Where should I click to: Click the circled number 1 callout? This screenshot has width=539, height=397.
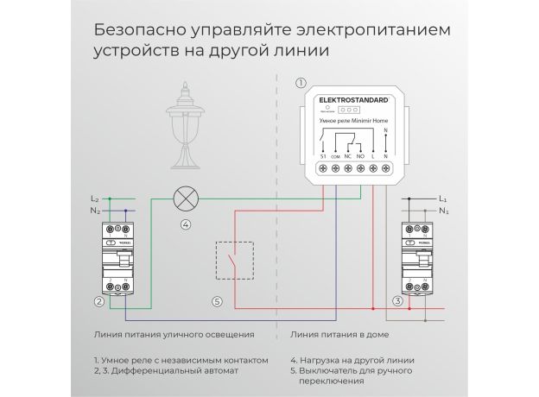(301, 84)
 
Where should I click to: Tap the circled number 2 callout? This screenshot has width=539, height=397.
(100, 301)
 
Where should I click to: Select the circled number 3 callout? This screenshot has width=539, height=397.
(396, 301)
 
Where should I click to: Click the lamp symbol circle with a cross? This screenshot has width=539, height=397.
(185, 199)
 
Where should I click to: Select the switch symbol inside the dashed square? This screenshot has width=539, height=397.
(233, 261)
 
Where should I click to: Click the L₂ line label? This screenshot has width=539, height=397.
(95, 198)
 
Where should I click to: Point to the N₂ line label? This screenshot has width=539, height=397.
(95, 211)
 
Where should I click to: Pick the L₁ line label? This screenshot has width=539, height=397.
(442, 198)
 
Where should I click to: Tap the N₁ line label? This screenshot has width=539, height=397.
(442, 211)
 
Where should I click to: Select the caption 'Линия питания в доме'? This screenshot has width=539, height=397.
(334, 332)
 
